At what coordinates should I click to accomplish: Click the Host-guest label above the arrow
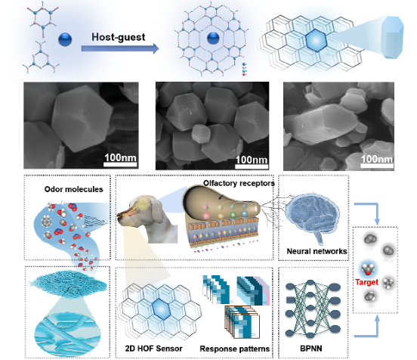(119, 37)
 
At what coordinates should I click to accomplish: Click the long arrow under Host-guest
(120, 48)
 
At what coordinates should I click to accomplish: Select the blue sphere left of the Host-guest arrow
(65, 39)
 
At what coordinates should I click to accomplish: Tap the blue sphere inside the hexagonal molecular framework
(213, 38)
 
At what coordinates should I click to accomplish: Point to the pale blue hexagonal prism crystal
(392, 37)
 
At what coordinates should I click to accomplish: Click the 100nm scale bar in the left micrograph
(120, 164)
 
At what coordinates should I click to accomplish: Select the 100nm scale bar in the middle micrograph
(252, 166)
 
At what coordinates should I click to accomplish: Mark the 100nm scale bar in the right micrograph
(376, 166)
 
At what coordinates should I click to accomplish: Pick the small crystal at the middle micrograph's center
(201, 133)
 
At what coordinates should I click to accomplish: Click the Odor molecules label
(74, 189)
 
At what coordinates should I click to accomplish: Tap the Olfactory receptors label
(239, 183)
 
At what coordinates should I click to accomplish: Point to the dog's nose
(120, 215)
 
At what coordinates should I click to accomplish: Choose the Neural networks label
(317, 251)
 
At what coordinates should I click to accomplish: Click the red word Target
(366, 282)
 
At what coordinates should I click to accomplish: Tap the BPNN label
(311, 349)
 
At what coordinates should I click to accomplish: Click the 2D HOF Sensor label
(153, 349)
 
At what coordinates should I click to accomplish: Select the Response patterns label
(234, 349)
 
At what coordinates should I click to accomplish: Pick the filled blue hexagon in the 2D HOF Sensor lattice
(161, 309)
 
